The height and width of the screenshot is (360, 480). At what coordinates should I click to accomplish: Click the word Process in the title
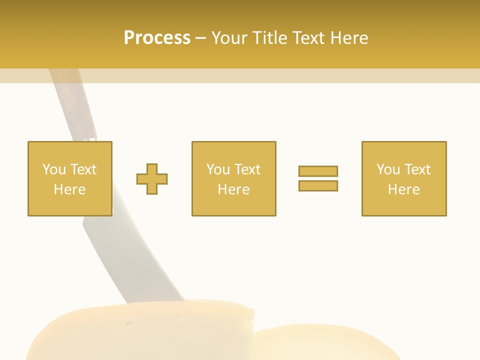tap(157, 38)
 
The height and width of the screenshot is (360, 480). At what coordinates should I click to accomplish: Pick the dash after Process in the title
tap(200, 38)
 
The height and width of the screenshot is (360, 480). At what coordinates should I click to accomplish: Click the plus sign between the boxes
tap(152, 179)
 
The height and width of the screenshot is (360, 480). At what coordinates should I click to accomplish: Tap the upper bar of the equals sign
tap(318, 171)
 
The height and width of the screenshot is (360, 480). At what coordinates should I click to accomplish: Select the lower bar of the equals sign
tap(318, 185)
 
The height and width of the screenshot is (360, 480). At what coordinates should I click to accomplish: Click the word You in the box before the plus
tap(53, 169)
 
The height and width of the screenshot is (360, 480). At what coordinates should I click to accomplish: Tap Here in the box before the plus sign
tap(69, 189)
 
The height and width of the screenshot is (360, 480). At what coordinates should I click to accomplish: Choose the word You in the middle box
tap(217, 169)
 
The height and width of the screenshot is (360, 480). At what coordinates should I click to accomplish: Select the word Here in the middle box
tap(233, 189)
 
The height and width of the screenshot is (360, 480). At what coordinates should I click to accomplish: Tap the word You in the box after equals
tap(387, 169)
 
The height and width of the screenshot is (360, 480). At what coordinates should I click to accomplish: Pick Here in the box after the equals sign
tap(403, 189)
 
